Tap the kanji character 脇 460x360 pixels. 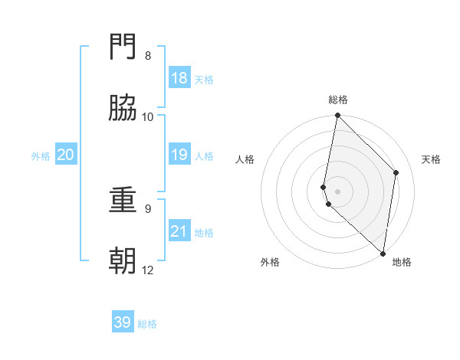(x=123, y=108)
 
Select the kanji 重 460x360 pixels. (x=123, y=200)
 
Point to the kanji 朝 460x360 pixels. (x=123, y=261)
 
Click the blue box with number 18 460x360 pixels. (x=179, y=78)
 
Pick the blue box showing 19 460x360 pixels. (x=179, y=155)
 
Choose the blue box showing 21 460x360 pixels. (x=179, y=231)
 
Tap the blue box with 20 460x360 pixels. (x=66, y=155)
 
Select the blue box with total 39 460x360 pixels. (x=123, y=322)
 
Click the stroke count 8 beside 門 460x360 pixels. (x=148, y=56)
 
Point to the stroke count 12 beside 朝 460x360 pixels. (x=148, y=270)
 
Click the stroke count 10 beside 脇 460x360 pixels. (x=148, y=116)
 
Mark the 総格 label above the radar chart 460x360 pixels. (x=338, y=100)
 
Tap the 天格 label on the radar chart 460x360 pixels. (x=432, y=159)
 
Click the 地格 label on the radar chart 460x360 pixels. (x=402, y=262)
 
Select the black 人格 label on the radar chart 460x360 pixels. (x=245, y=159)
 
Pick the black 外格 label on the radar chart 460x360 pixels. (x=270, y=262)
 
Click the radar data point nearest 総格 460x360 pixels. (x=337, y=116)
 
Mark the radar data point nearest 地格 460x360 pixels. (x=383, y=253)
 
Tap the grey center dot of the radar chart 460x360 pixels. (x=337, y=191)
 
